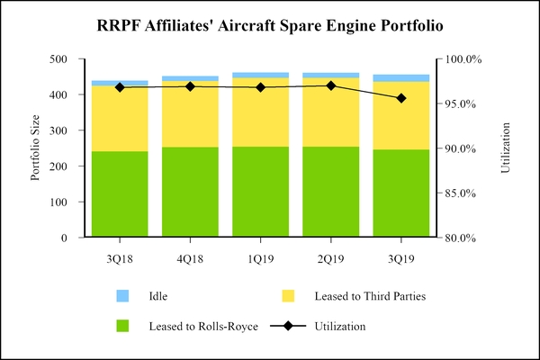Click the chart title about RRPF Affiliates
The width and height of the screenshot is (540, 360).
270,26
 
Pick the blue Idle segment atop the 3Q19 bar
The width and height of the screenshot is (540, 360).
401,77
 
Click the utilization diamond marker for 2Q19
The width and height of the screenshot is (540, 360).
331,85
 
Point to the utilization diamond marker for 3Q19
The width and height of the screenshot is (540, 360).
401,98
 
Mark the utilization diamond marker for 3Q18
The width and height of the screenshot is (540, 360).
120,87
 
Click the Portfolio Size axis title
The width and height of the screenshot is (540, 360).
36,148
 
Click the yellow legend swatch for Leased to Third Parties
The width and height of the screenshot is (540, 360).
289,295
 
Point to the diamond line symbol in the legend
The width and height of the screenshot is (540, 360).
289,326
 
